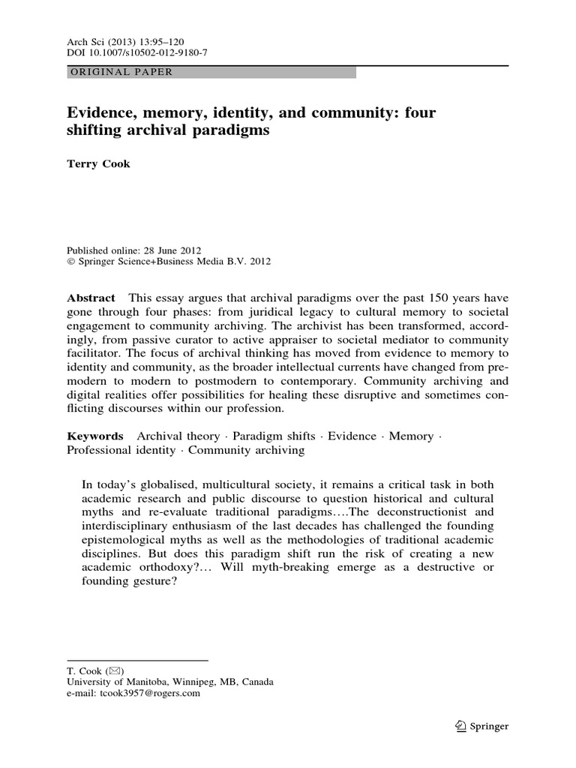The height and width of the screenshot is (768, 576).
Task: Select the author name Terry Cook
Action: pyautogui.click(x=98, y=164)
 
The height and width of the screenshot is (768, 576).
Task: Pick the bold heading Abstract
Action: pyautogui.click(x=91, y=298)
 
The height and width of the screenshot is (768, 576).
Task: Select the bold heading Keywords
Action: pyautogui.click(x=95, y=436)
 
